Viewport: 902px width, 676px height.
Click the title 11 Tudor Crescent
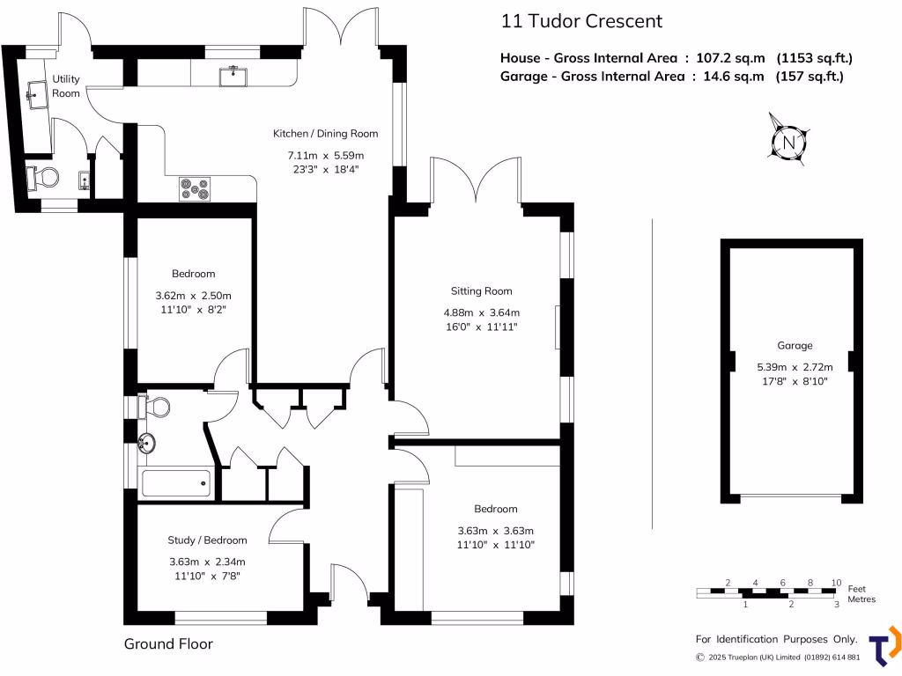click(580, 21)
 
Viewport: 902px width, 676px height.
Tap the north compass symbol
click(789, 141)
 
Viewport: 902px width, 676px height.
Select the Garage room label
click(795, 346)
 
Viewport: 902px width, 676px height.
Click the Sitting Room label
click(481, 291)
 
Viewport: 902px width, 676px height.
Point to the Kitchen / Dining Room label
click(325, 134)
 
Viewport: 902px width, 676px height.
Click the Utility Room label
click(66, 86)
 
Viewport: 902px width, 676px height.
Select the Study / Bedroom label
click(207, 540)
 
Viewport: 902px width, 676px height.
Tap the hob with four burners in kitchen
click(195, 188)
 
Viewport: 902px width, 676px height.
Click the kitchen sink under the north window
click(234, 76)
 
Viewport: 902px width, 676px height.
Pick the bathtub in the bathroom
click(176, 482)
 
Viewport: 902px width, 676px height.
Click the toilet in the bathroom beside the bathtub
click(157, 408)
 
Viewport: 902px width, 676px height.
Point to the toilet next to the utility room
click(42, 179)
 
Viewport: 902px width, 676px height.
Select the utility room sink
click(37, 95)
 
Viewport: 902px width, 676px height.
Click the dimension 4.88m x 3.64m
click(481, 312)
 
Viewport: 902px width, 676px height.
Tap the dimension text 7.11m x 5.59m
click(325, 155)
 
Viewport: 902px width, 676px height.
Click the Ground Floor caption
click(168, 644)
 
